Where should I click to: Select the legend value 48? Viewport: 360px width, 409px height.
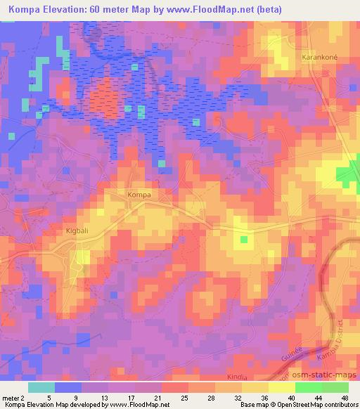click(345, 398)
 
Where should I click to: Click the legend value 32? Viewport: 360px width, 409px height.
click(240, 398)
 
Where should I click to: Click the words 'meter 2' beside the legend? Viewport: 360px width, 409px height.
click(13, 398)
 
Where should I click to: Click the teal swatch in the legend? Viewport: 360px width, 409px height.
click(42, 387)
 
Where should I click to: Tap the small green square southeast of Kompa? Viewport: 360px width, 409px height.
click(244, 240)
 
